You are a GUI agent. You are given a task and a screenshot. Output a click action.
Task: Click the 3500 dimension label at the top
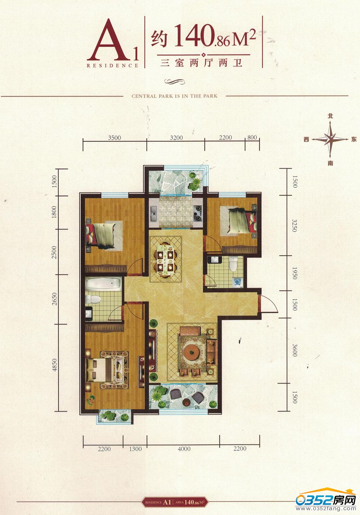coord(114,138)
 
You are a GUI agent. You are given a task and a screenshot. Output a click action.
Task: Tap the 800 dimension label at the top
coord(252,137)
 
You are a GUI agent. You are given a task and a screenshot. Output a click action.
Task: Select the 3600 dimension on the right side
coord(295,350)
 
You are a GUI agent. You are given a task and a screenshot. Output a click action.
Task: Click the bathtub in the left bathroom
coord(103,284)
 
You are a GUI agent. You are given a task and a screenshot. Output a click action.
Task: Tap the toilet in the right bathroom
coord(233,264)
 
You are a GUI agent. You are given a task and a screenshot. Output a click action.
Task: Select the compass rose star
coord(330,139)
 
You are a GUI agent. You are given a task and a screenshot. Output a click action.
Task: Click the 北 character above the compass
coord(330,116)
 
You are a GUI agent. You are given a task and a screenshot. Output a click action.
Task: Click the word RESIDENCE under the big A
coord(112,65)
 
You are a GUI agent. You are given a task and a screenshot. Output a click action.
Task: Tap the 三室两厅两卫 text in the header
coord(202,63)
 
